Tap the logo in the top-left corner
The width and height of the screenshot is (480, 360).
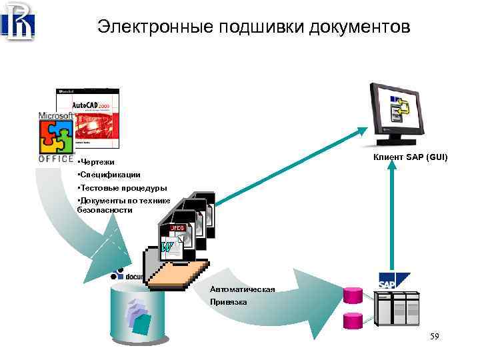(x=18, y=21)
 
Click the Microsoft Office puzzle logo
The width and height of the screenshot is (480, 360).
(x=56, y=137)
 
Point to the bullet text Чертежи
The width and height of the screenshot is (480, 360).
(x=97, y=162)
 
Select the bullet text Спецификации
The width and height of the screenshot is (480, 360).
(x=109, y=175)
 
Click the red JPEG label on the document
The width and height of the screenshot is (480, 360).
(x=177, y=228)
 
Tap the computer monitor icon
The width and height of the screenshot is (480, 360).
(x=399, y=113)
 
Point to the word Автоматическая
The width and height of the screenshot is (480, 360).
(x=242, y=290)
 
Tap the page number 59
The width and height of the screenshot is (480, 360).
(x=435, y=337)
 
